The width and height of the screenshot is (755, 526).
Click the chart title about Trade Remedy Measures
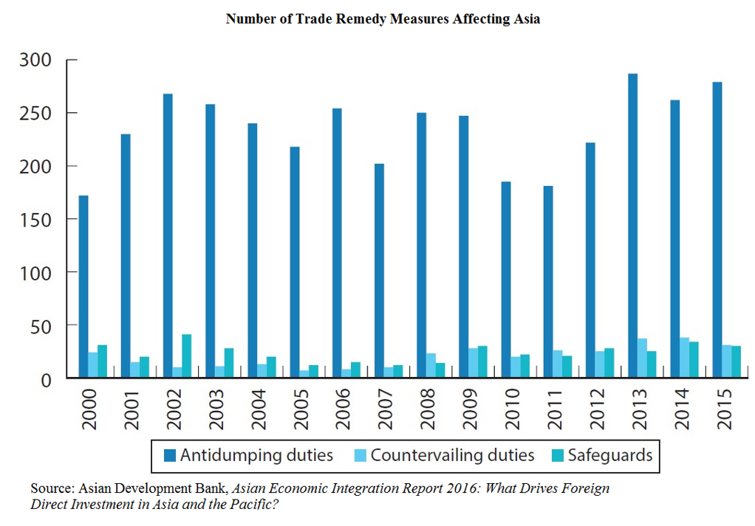click(x=383, y=19)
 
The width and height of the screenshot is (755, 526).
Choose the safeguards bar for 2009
click(x=482, y=361)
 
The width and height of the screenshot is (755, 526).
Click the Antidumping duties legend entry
click(x=247, y=455)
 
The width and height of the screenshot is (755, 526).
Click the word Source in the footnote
click(x=51, y=489)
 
